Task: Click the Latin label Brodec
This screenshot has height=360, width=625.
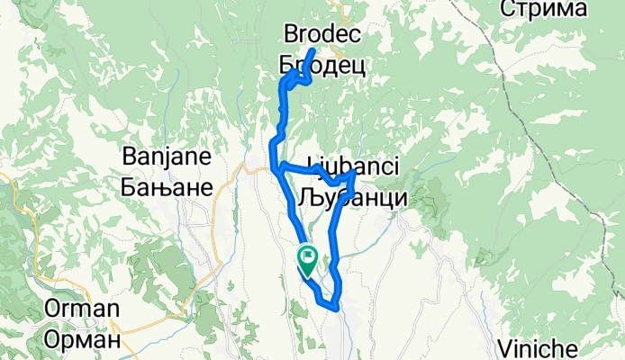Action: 322,35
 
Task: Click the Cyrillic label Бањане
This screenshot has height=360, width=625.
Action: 166,187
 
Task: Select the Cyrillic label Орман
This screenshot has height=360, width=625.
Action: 80,341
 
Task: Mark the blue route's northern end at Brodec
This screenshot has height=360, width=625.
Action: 312,49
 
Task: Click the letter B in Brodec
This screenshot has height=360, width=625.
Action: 290,35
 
